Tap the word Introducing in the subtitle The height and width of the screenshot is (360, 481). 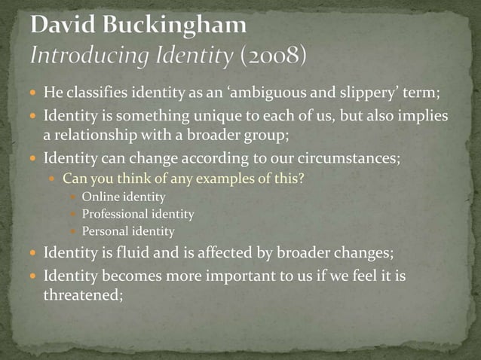click(x=82, y=55)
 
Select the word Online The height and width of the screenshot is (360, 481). click(x=100, y=197)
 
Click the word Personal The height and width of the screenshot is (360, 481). click(x=106, y=232)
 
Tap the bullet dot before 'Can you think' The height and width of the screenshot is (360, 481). click(x=52, y=180)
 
